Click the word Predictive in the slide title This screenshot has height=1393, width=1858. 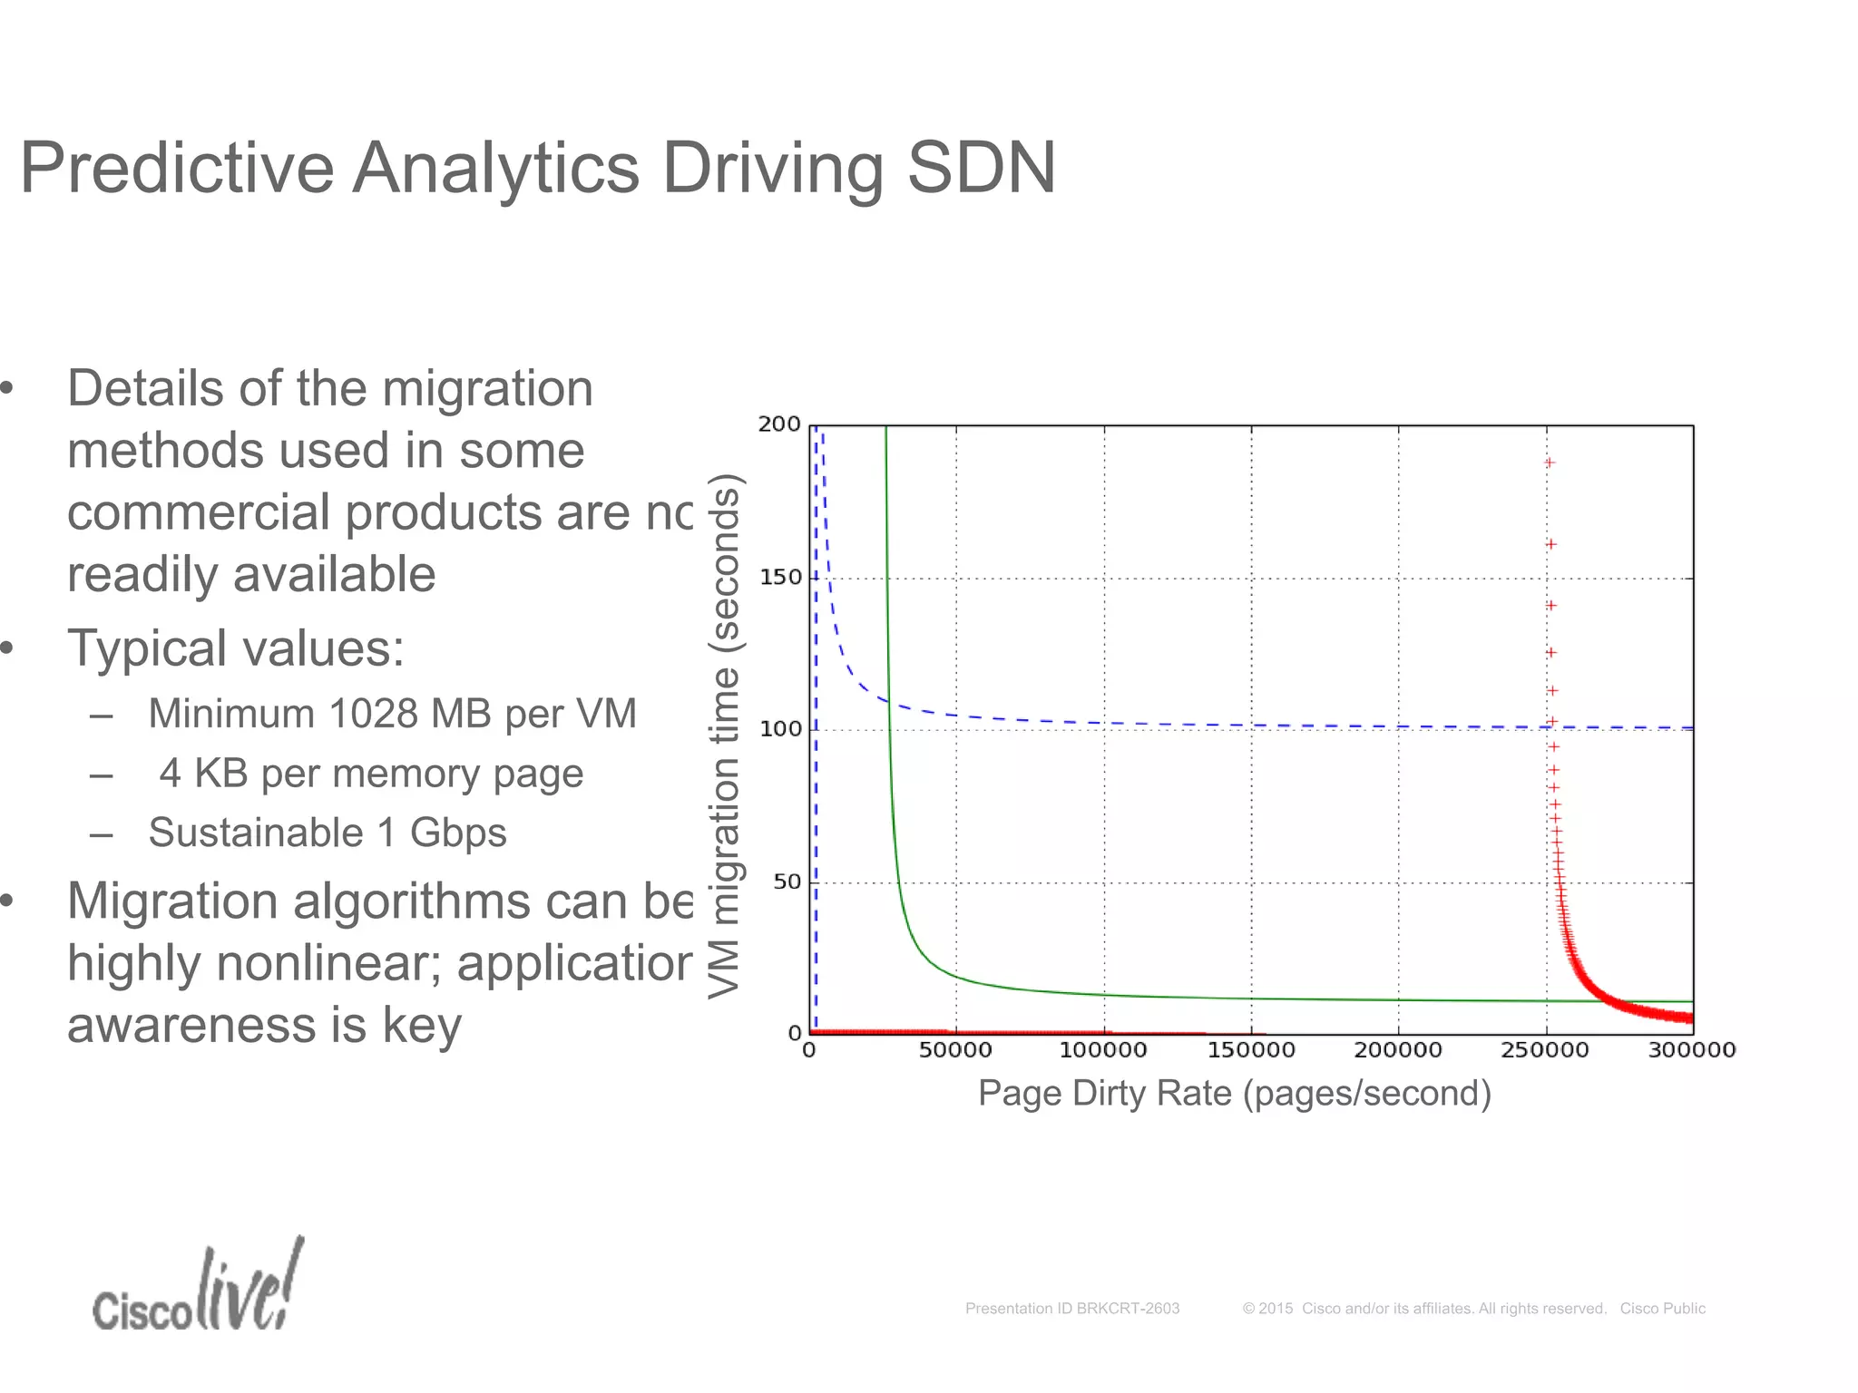[x=177, y=169]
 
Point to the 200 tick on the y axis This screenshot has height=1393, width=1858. [x=779, y=424]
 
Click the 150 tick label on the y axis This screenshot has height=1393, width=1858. [x=779, y=578]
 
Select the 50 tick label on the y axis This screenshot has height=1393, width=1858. [x=787, y=882]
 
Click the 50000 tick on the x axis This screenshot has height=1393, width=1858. [x=955, y=1050]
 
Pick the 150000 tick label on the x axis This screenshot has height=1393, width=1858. [x=1251, y=1050]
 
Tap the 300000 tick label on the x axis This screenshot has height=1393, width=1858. [x=1691, y=1050]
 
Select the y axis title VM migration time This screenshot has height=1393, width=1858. [x=725, y=735]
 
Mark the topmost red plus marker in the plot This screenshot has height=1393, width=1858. [x=1550, y=463]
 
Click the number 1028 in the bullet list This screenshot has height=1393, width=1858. [x=372, y=714]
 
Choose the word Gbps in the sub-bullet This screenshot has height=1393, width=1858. [x=457, y=833]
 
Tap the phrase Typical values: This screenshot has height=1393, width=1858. [x=236, y=649]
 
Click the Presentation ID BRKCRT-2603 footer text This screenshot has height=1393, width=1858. [x=1071, y=1309]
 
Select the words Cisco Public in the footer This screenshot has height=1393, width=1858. [x=1662, y=1309]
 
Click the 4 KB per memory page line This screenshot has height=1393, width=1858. [x=370, y=774]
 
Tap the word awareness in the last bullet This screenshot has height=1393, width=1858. [x=191, y=1026]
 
